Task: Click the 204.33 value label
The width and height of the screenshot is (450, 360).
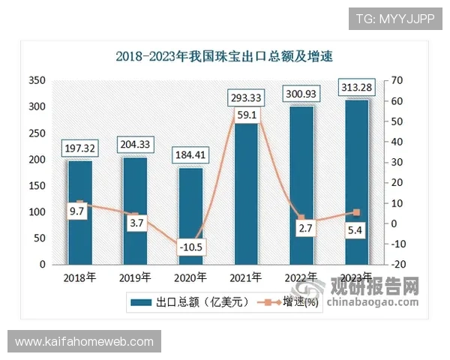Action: [x=135, y=143]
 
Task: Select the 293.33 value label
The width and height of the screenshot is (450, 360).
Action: [x=245, y=97]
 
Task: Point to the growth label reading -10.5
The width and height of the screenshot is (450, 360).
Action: [x=190, y=245]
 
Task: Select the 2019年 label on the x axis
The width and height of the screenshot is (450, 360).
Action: [x=135, y=277]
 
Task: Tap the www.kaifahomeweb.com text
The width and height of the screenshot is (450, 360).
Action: [x=84, y=342]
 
